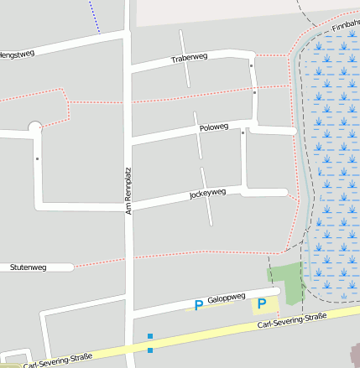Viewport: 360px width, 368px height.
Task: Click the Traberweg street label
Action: tap(189, 59)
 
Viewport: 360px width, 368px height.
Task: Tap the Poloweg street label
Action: tap(214, 127)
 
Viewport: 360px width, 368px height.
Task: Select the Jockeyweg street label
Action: tap(207, 193)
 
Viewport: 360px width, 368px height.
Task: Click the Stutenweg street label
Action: tap(28, 267)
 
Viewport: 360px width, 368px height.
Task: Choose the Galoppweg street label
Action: tap(226, 298)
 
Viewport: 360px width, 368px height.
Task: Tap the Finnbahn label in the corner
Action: tap(346, 27)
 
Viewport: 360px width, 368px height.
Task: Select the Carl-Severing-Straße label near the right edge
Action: tap(291, 320)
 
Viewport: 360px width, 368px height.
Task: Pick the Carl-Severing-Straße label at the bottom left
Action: tap(57, 360)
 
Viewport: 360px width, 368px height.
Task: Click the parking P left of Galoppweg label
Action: tap(198, 305)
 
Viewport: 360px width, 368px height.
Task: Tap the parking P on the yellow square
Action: tap(262, 304)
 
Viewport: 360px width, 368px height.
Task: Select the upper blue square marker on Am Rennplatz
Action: tap(150, 336)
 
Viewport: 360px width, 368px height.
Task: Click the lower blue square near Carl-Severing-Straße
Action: tap(150, 350)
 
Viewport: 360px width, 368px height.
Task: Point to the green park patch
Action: tap(287, 279)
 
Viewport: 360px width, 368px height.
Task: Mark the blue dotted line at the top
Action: tap(94, 17)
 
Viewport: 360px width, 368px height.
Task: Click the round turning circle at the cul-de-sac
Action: tap(35, 127)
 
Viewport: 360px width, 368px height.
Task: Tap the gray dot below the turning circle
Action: tap(37, 158)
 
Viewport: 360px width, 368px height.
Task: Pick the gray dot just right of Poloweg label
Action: tap(243, 132)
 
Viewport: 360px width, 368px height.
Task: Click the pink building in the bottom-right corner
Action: tap(352, 356)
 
